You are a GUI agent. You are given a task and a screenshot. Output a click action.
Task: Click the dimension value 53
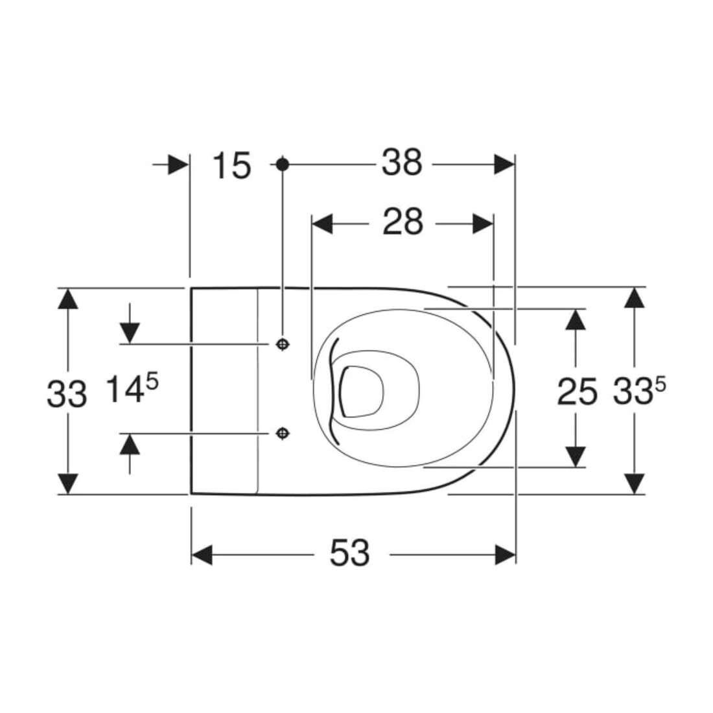349,553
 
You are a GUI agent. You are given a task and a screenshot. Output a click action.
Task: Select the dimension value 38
402,162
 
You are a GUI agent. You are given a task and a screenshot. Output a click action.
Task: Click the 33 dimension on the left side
67,394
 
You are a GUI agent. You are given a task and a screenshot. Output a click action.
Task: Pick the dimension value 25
577,392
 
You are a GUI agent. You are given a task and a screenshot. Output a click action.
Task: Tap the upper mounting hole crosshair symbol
283,344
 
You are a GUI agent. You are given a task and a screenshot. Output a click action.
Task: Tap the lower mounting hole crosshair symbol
283,434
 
